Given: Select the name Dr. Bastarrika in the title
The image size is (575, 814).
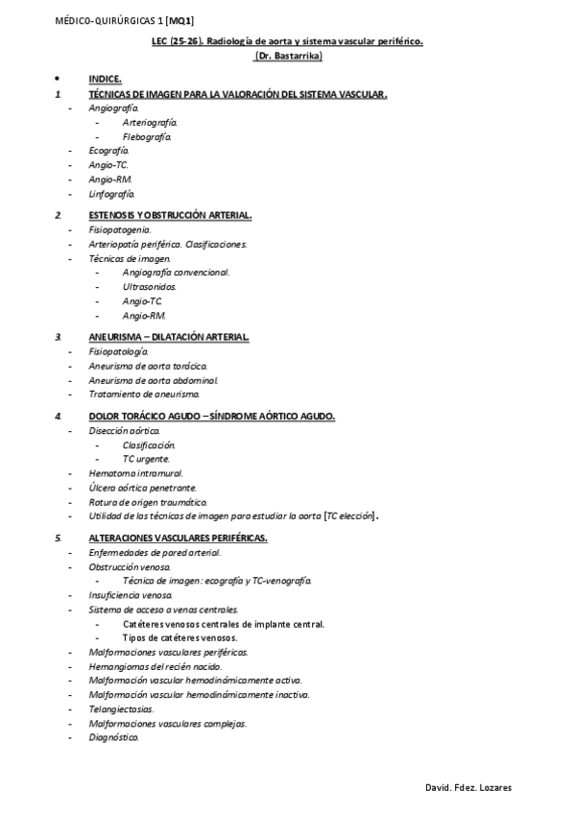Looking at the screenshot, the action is [287, 57].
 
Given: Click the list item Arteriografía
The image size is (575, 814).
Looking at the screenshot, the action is [149, 123].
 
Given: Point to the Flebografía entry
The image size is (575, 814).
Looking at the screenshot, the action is [147, 137].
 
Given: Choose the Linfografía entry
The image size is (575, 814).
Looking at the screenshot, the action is [111, 194].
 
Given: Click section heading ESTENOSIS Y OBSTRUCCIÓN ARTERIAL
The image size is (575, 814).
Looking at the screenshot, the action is [170, 215].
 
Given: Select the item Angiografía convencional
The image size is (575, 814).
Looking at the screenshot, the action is [176, 273].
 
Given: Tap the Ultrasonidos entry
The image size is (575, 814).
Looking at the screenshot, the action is [149, 286].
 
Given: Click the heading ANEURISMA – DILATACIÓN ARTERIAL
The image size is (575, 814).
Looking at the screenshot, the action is [168, 337].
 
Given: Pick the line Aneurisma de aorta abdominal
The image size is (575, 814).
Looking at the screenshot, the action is [153, 380].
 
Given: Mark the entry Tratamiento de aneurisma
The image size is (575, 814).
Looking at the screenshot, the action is [144, 395].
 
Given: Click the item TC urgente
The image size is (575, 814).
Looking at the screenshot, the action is [147, 459].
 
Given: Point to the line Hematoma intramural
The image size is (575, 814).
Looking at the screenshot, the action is [135, 473].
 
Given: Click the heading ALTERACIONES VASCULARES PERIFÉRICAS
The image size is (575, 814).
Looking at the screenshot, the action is [178, 538].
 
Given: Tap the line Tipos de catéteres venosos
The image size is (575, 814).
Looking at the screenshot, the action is [180, 637].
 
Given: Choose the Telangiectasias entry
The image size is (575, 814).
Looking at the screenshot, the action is [121, 708].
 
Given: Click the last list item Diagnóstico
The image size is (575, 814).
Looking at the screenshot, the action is [113, 737].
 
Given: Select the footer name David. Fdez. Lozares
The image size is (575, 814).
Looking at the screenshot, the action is [468, 787].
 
